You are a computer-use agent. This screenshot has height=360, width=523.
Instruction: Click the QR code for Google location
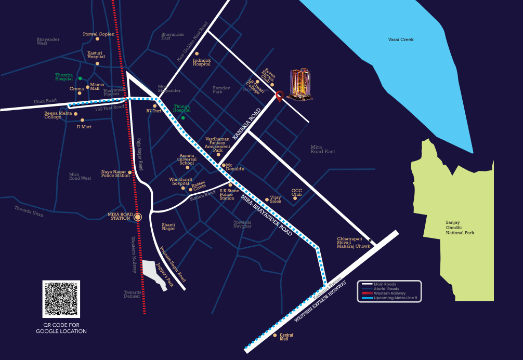pos(61,299)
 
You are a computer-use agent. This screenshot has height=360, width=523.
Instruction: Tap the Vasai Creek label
pos(401,39)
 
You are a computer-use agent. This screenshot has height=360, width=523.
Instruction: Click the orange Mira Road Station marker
pos(138,217)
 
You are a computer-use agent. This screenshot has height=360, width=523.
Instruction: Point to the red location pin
pos(280,96)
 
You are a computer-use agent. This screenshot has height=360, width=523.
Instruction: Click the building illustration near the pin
pos(299,85)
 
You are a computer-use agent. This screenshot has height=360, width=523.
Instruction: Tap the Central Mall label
pos(286,337)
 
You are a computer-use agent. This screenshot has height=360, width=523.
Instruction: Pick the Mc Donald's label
pos(235,167)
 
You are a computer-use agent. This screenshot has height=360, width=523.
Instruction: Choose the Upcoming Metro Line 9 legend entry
pos(395,298)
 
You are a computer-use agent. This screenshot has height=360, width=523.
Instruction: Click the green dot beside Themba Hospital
pos(80,78)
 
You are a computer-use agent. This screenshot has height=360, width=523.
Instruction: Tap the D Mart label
pos(84,126)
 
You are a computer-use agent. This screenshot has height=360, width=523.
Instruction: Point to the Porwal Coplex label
pos(98,34)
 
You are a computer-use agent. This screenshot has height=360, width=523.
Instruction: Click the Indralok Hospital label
pos(202,62)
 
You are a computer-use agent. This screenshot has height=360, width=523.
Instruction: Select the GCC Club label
pos(297,192)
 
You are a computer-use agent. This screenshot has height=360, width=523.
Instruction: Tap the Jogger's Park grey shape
pos(153,273)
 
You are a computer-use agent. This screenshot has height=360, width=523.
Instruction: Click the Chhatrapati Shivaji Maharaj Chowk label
pos(354,242)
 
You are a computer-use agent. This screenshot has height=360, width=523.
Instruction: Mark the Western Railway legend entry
pos(389,293)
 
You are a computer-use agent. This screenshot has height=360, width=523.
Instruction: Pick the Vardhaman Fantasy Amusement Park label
pos(217,144)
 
